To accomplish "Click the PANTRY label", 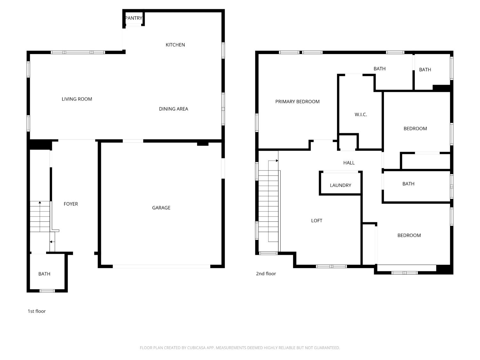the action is (134, 18).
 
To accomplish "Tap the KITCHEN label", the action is (175, 45).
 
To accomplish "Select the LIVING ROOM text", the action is (77, 99).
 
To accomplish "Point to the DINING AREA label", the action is (173, 109).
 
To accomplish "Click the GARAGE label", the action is (161, 208).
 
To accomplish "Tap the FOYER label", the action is (71, 204).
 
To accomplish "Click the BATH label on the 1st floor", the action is (44, 274).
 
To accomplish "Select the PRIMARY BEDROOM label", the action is (297, 102).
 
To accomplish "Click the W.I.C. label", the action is (361, 115).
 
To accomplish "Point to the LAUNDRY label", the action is (340, 185).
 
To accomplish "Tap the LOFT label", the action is (317, 221).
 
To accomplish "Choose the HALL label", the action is (349, 163).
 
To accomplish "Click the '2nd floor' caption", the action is (266, 274).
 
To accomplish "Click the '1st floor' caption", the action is (37, 311).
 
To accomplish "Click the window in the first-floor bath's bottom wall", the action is (47, 291).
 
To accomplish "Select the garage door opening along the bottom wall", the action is (161, 267).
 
